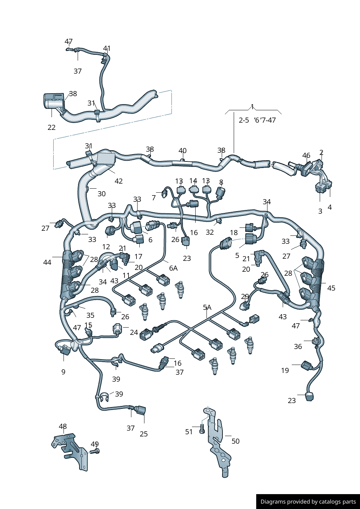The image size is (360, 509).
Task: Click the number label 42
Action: click(x=119, y=181)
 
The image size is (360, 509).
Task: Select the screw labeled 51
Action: click(x=202, y=430)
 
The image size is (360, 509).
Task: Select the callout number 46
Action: click(x=306, y=156)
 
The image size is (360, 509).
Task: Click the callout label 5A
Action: click(x=207, y=308)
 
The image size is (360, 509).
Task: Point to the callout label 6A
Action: click(x=173, y=268)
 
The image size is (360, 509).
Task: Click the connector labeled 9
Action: click(x=65, y=351)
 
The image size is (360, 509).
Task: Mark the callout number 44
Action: click(x=47, y=262)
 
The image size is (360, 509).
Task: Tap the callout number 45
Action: click(x=331, y=288)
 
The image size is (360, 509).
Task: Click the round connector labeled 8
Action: click(x=220, y=192)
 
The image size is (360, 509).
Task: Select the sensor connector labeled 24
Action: click(x=118, y=329)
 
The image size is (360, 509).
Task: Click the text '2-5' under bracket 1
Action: click(x=244, y=120)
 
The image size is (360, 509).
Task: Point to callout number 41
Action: click(x=107, y=49)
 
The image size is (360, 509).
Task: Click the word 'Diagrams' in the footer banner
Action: click(x=273, y=502)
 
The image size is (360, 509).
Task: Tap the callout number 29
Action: click(x=245, y=297)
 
